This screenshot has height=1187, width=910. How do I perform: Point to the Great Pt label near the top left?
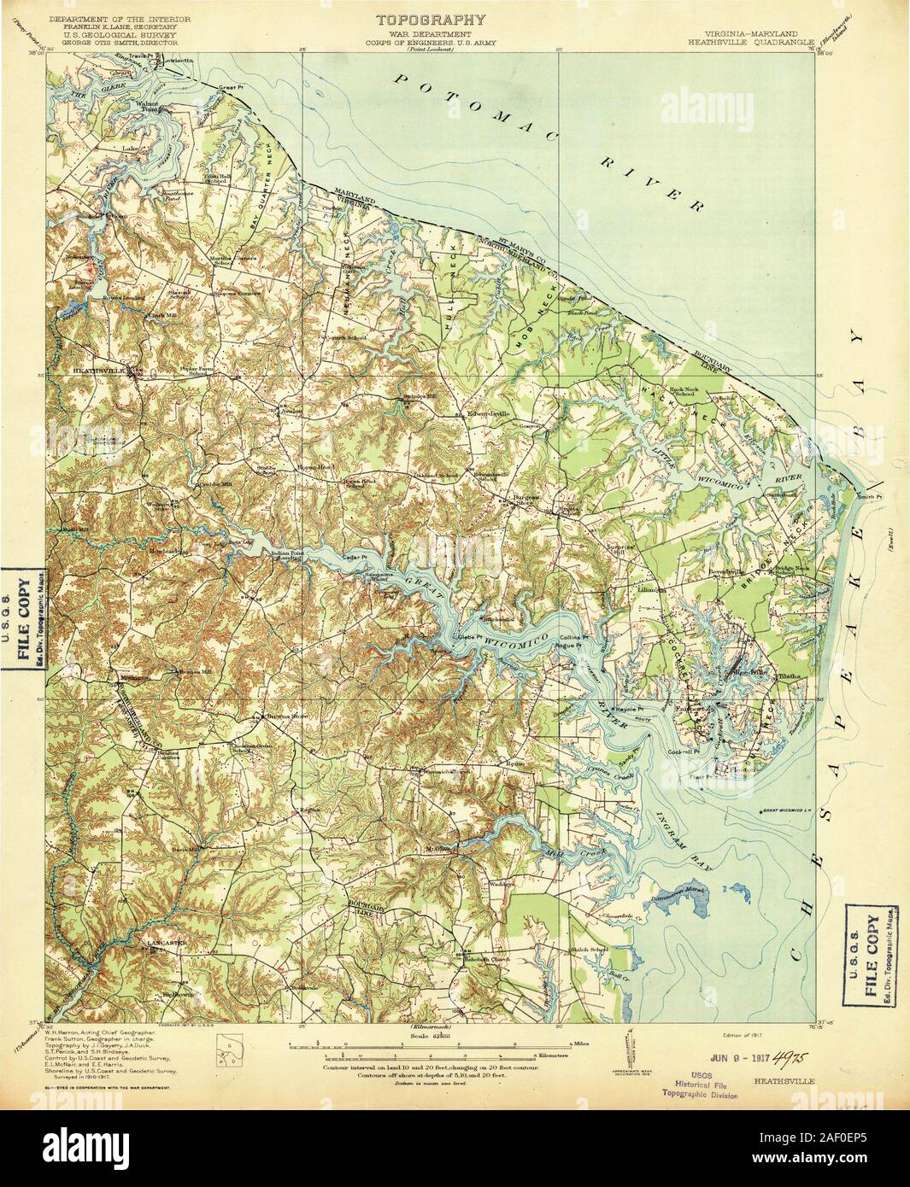coord(232,89)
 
